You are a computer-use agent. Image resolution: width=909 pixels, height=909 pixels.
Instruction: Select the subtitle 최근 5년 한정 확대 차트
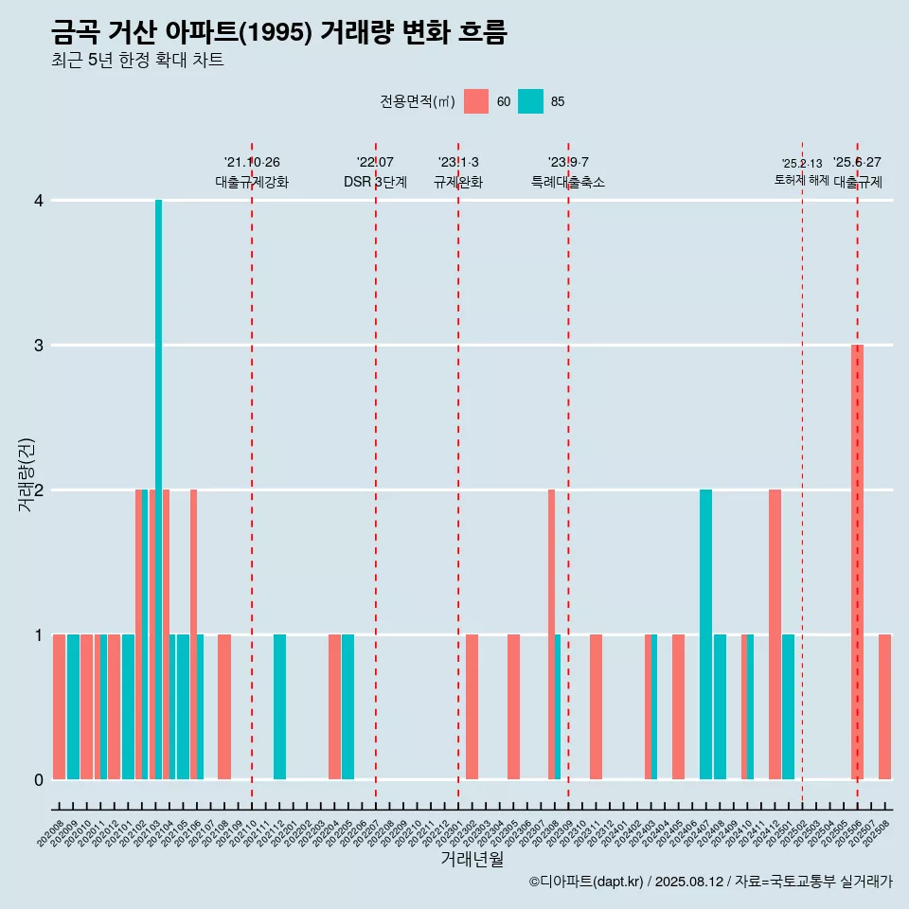(x=137, y=61)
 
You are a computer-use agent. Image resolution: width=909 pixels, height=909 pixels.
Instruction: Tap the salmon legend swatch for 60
(x=476, y=101)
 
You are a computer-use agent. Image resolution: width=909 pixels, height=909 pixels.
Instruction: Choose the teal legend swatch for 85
(x=531, y=101)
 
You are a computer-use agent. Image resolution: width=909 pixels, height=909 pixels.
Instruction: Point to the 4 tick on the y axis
(x=39, y=201)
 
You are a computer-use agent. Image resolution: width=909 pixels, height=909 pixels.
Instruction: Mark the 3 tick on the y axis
(x=39, y=346)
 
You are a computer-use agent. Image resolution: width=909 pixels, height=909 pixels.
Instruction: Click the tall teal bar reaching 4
(x=159, y=489)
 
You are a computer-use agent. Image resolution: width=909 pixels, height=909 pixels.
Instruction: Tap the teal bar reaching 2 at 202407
(x=705, y=634)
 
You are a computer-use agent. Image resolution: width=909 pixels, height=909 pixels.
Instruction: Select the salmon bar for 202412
(x=775, y=634)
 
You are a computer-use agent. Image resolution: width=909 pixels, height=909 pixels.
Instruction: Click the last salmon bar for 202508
(x=884, y=706)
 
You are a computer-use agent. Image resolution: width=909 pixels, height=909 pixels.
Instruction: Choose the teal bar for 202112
(x=279, y=706)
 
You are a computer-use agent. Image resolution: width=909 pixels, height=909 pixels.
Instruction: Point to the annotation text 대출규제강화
(x=252, y=182)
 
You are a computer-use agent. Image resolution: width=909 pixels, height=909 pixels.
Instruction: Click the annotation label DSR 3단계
(x=375, y=182)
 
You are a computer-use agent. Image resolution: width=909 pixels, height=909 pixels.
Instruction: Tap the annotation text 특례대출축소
(x=568, y=182)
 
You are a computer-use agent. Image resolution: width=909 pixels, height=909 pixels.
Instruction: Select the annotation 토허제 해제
(x=802, y=180)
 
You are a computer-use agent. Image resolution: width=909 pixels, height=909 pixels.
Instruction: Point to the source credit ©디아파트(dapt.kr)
(x=587, y=882)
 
